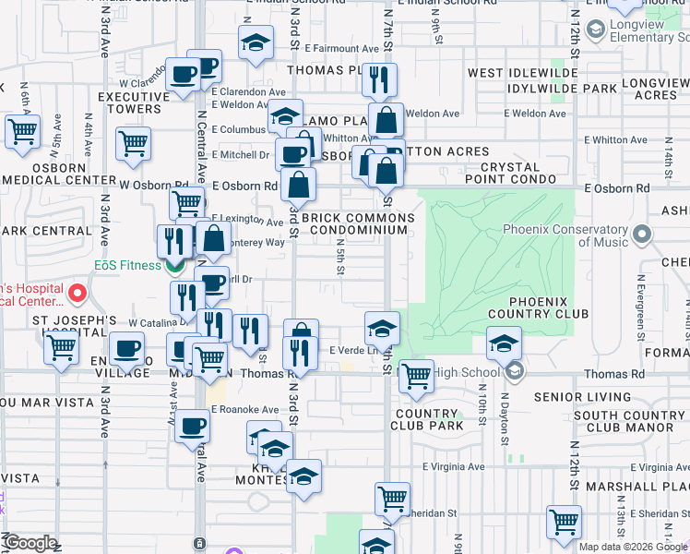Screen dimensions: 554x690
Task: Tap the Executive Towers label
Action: tap(130, 102)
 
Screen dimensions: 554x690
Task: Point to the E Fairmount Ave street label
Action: tap(340, 47)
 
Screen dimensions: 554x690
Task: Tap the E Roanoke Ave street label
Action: tap(245, 410)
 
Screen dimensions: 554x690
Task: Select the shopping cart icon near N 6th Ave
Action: tap(22, 131)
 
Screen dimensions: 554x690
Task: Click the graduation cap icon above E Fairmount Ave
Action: tap(256, 42)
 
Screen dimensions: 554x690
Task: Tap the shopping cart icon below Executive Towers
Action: tap(133, 143)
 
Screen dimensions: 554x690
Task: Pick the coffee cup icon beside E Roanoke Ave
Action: tap(192, 426)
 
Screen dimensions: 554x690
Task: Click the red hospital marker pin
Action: tap(77, 295)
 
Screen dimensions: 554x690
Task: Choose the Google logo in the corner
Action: tap(30, 543)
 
